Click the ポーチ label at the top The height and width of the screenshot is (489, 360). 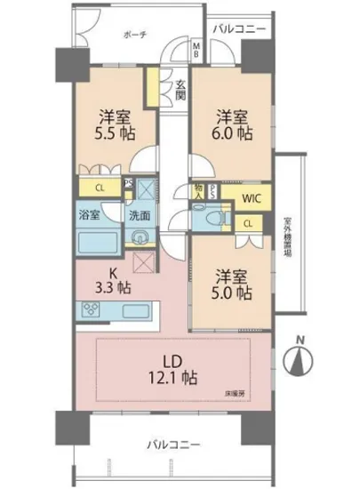click(x=136, y=34)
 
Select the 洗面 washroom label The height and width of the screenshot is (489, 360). click(x=139, y=214)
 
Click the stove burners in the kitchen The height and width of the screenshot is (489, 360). click(x=92, y=309)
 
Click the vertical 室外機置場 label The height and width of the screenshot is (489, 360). click(x=288, y=235)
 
